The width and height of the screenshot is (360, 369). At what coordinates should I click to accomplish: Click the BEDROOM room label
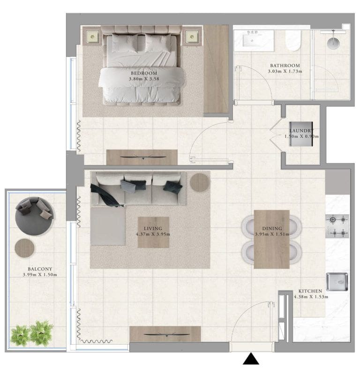pyautogui.click(x=143, y=74)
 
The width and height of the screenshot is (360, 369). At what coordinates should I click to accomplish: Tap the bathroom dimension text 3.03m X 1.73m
pyautogui.click(x=284, y=72)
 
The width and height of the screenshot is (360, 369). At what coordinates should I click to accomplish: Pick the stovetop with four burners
pyautogui.click(x=337, y=226)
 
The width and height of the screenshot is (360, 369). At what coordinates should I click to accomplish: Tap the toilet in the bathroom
pyautogui.click(x=293, y=41)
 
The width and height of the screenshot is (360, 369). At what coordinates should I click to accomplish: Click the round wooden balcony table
pyautogui.click(x=24, y=247)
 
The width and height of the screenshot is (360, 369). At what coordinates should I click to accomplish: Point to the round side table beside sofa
pyautogui.click(x=200, y=182)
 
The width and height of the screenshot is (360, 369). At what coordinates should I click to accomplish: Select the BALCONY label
pyautogui.click(x=39, y=269)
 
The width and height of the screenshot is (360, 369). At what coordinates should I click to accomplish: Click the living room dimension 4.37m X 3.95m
pyautogui.click(x=153, y=234)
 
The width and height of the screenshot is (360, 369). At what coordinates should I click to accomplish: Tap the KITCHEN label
pyautogui.click(x=311, y=291)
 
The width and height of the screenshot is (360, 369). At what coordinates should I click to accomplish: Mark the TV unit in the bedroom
pyautogui.click(x=142, y=157)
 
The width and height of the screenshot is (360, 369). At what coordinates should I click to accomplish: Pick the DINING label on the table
pyautogui.click(x=271, y=228)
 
